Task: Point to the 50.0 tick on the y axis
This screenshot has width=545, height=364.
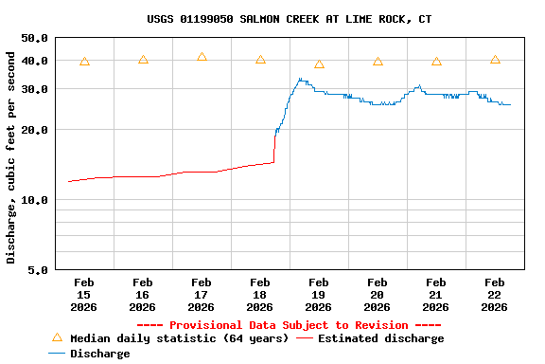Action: coord(35,38)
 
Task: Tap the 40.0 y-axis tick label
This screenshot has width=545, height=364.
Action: coord(35,61)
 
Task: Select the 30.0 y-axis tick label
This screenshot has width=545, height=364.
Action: coord(35,89)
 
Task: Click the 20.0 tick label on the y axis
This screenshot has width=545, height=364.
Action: coord(35,130)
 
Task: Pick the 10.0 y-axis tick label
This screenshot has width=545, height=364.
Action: coord(35,200)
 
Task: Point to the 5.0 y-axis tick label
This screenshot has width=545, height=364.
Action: coord(39,270)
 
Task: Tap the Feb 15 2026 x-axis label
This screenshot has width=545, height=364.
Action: coord(84,294)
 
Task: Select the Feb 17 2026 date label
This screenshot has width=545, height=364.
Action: coord(202,294)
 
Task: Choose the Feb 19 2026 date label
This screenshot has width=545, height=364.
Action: coord(319,294)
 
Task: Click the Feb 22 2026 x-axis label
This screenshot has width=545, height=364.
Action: coord(495,294)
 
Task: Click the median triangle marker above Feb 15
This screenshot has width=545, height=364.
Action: coord(84,62)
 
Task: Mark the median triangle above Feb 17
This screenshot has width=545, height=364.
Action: coord(202,57)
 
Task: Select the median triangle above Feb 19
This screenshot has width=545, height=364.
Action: coord(319,64)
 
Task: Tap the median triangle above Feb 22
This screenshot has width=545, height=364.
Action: coord(495,60)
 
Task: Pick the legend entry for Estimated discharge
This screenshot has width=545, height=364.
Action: coord(380,338)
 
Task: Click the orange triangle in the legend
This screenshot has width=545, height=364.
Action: coord(57,337)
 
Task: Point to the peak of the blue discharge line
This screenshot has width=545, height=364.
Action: coord(300,79)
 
